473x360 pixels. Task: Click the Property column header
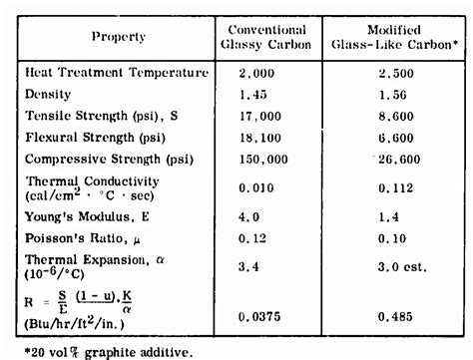(119, 37)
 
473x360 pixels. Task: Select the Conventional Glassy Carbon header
(267, 37)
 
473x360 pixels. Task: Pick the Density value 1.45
(256, 95)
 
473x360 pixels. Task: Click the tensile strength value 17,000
(260, 116)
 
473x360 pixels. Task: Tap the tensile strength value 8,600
(390, 117)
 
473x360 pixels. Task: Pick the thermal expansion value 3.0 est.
(396, 266)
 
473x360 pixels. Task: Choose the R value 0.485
(389, 316)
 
